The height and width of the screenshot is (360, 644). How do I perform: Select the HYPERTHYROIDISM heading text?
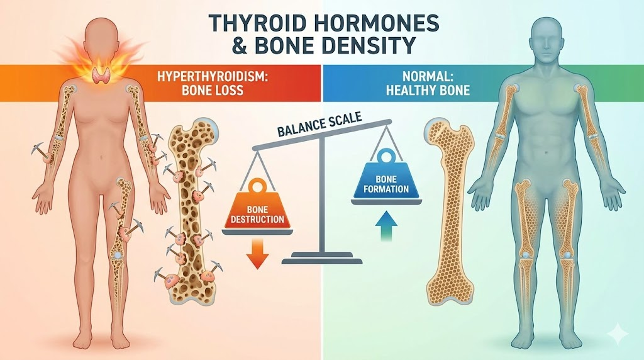point(211,77)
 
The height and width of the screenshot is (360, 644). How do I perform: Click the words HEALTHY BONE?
point(428,90)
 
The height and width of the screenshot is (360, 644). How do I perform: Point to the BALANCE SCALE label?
point(319,125)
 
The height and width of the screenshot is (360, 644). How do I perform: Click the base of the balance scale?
point(322,258)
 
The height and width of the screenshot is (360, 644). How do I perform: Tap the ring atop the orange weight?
point(257,186)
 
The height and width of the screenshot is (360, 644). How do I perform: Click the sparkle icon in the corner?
point(619,332)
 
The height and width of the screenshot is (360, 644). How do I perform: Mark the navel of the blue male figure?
point(547,153)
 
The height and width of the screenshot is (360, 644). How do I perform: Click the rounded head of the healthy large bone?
point(436,132)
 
